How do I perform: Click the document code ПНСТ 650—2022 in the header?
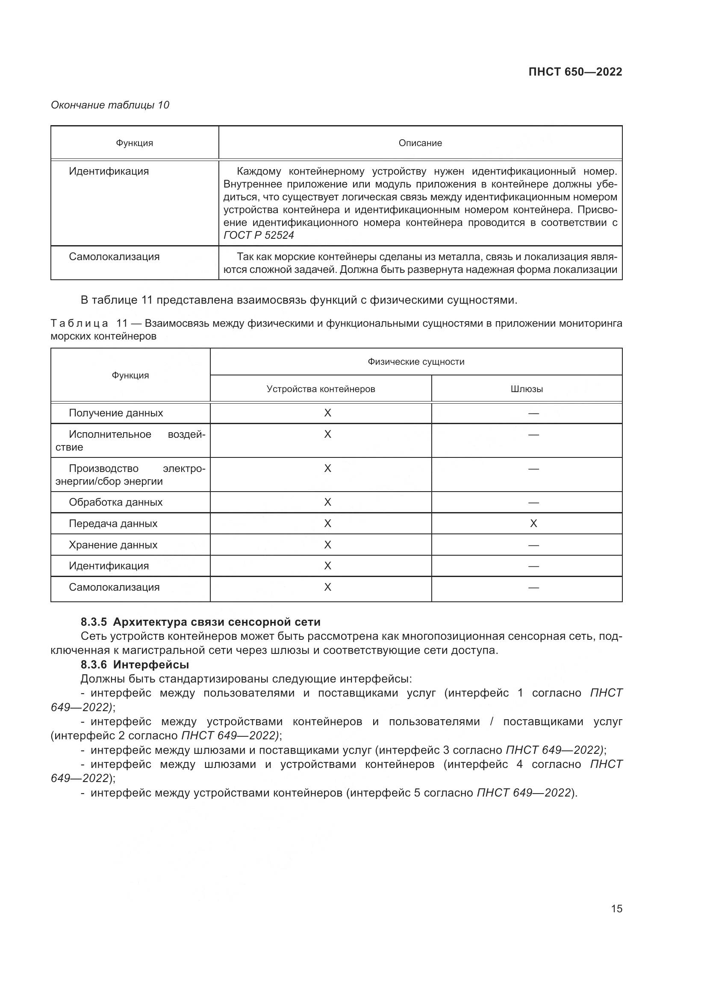coord(575,72)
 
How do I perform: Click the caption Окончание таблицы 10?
coord(110,105)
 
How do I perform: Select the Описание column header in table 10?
coord(420,143)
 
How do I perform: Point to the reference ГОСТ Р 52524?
coord(259,235)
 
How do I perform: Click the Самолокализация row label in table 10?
coord(114,257)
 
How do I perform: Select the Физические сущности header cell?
coord(416,362)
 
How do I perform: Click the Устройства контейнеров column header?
coord(321,389)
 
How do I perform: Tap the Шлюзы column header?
coord(526,389)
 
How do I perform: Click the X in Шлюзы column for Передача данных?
coord(533,524)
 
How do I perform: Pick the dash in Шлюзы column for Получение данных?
coord(533,413)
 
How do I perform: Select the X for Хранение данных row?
coord(327,545)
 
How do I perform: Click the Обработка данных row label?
coord(115,502)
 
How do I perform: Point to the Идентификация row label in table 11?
coord(109,565)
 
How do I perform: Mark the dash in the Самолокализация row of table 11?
coord(533,588)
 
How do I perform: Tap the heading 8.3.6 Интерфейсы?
coord(135,665)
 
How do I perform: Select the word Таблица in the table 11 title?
coord(79,323)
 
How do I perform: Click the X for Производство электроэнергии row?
coord(327,469)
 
